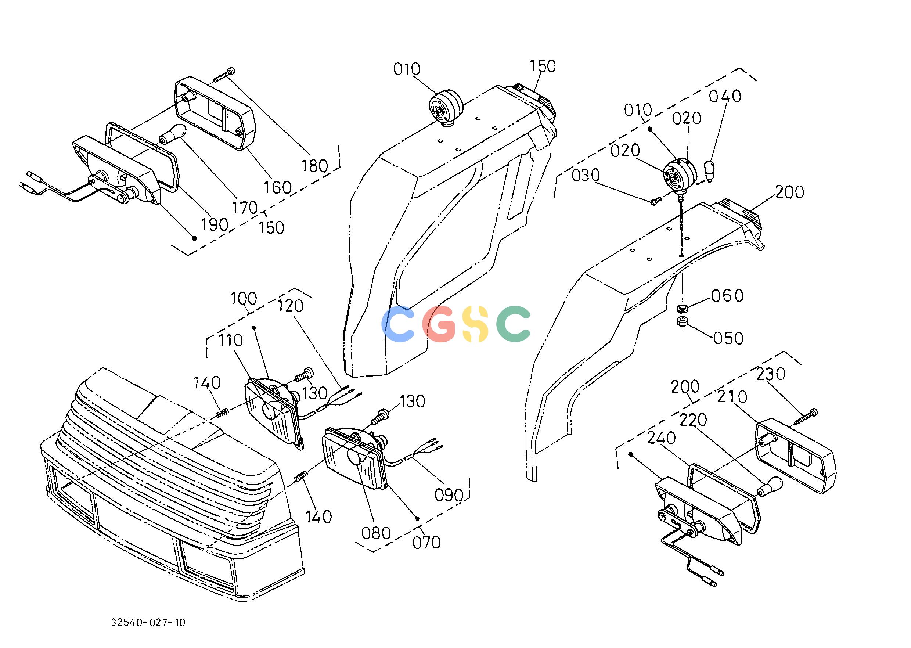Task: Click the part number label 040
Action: (725, 96)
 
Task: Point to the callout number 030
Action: (586, 175)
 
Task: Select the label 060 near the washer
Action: (727, 296)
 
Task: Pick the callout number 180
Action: (314, 165)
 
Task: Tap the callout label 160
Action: (278, 187)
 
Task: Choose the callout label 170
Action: (245, 208)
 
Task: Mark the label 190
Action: (215, 225)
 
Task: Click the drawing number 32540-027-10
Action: (148, 622)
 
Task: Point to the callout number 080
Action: (376, 533)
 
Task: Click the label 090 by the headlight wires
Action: (449, 495)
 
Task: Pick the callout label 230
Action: (771, 374)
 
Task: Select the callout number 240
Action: (661, 438)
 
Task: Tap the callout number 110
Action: (230, 340)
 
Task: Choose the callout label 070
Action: (426, 542)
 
